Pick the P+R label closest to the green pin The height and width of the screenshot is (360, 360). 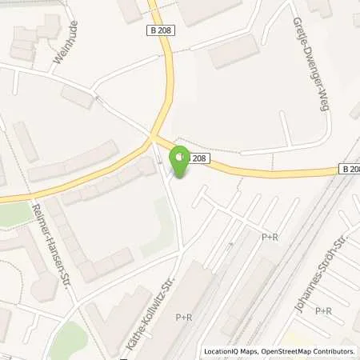pos(270,237)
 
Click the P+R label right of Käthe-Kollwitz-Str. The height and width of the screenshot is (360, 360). pos(184,318)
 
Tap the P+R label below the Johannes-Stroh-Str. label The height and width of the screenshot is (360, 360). pos(323,310)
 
